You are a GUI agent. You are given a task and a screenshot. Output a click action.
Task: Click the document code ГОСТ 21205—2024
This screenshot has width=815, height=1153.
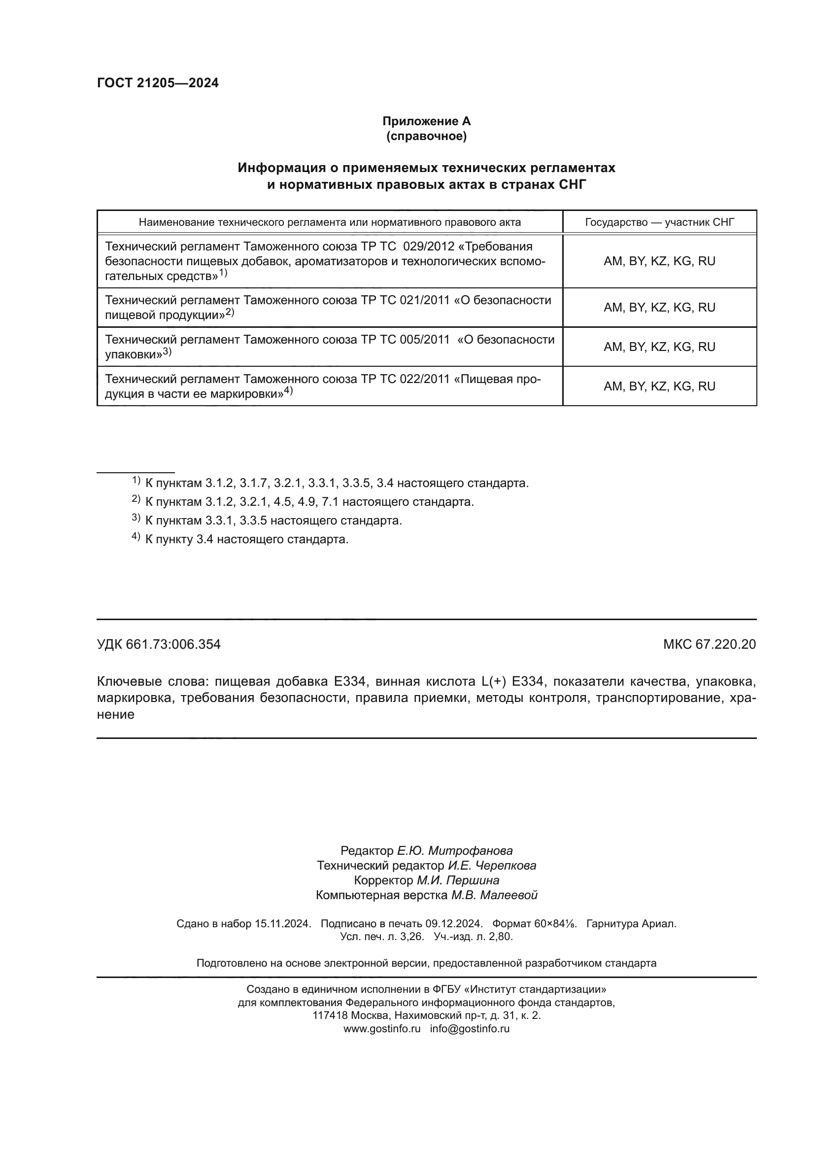tap(158, 83)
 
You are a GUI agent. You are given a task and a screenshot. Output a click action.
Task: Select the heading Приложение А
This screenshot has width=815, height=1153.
tap(426, 121)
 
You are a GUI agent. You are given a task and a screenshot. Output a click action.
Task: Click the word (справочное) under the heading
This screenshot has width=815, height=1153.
tap(426, 136)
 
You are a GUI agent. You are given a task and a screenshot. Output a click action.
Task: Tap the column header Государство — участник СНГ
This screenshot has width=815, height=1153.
tap(659, 222)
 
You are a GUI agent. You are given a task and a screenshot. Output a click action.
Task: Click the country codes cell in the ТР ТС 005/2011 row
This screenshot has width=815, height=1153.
tap(659, 347)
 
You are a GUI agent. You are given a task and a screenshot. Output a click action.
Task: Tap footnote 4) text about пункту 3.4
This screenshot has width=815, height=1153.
tap(246, 540)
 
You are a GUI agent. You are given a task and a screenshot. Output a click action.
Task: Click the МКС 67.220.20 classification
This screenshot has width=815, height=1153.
tap(709, 644)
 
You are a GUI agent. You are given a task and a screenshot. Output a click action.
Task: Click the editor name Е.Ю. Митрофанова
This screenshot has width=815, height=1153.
tap(455, 851)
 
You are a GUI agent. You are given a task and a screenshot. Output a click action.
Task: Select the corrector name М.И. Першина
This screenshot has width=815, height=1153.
tap(458, 880)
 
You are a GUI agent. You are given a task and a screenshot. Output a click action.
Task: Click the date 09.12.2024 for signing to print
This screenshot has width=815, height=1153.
tap(454, 923)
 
